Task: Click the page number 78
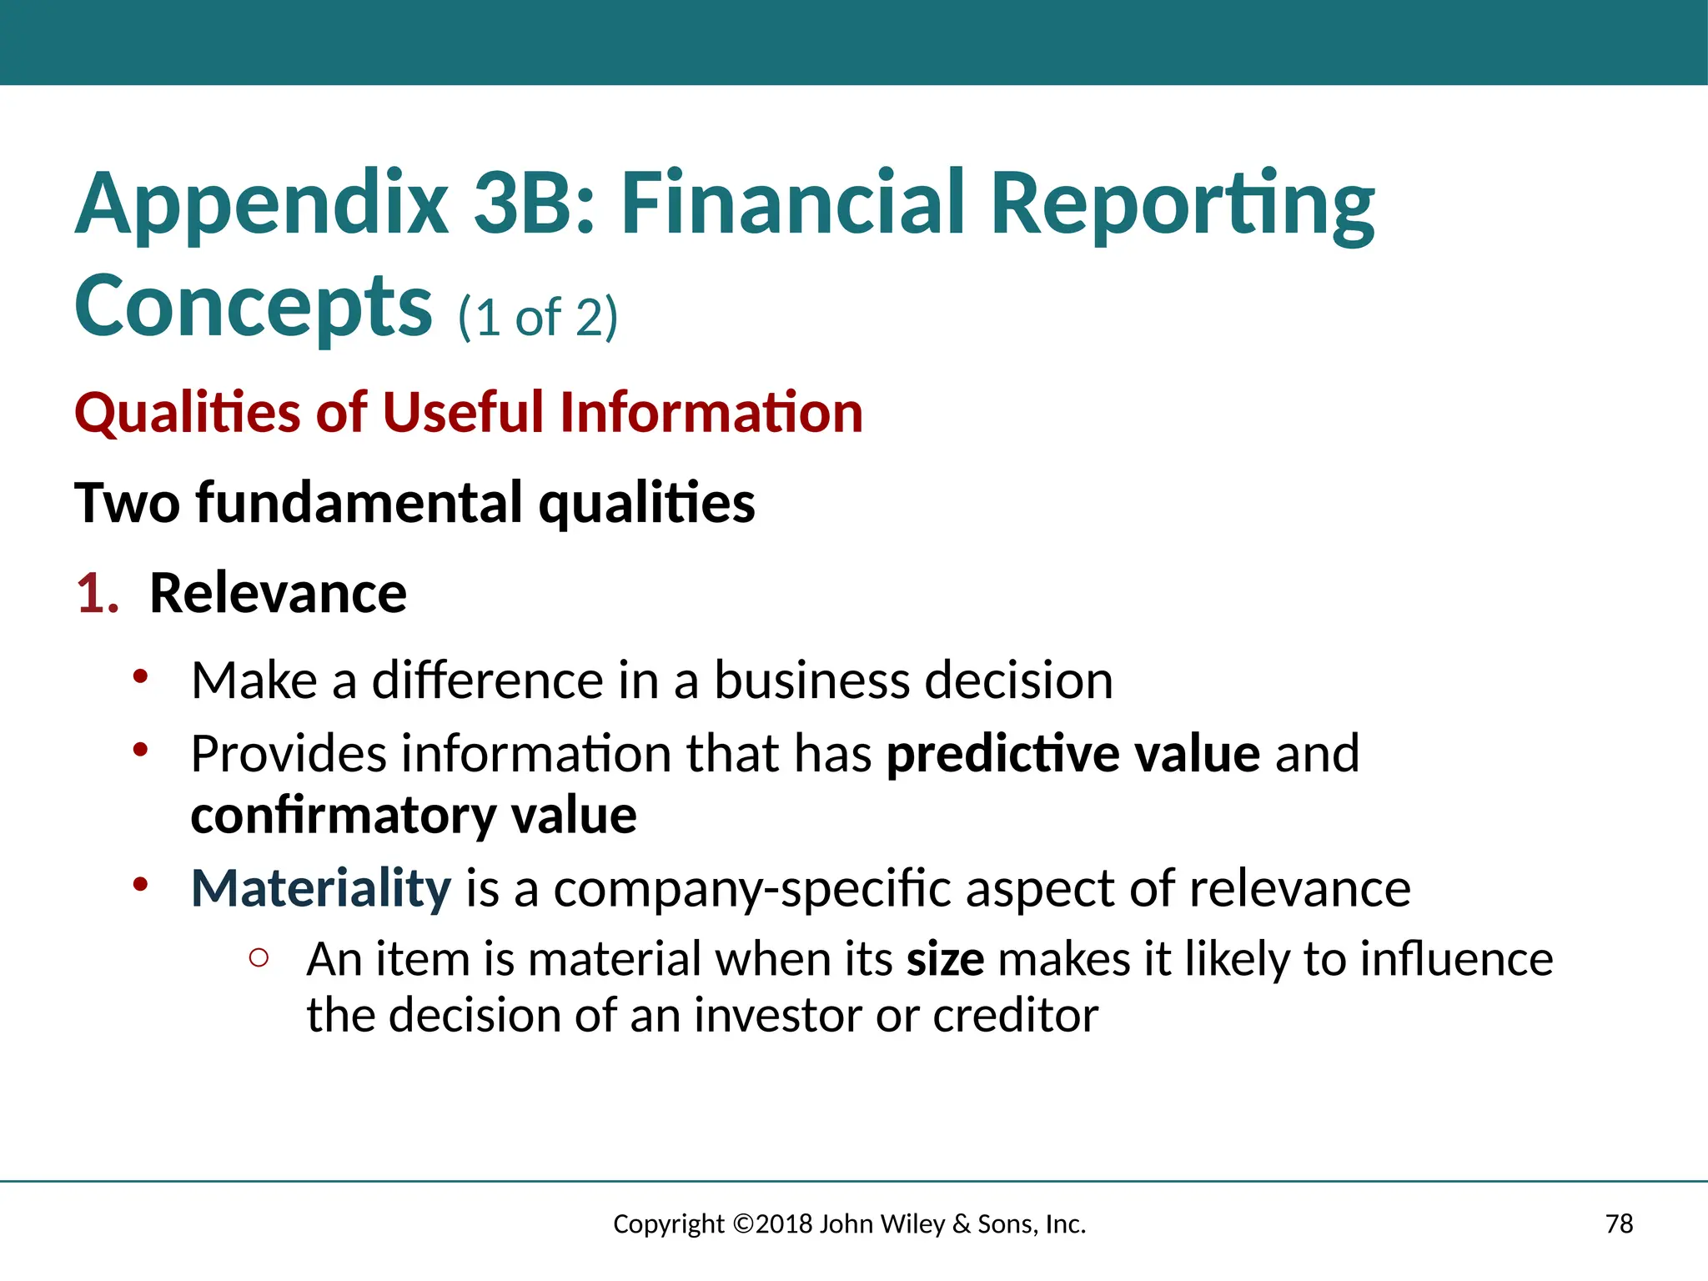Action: (x=1619, y=1223)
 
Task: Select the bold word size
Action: (x=945, y=959)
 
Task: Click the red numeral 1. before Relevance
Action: (x=98, y=594)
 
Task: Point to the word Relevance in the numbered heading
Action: (x=278, y=594)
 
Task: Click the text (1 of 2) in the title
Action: (x=538, y=318)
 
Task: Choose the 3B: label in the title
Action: (x=535, y=203)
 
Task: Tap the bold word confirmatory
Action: (x=344, y=816)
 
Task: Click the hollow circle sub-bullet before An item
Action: (x=259, y=959)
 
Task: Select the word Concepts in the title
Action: (x=254, y=307)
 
